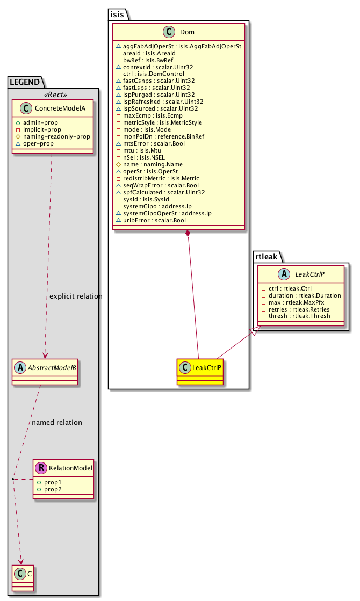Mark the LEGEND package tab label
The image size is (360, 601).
[25, 82]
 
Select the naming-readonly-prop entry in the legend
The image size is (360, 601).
[56, 136]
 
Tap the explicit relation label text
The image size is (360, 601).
[75, 296]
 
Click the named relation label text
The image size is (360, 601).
[57, 422]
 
